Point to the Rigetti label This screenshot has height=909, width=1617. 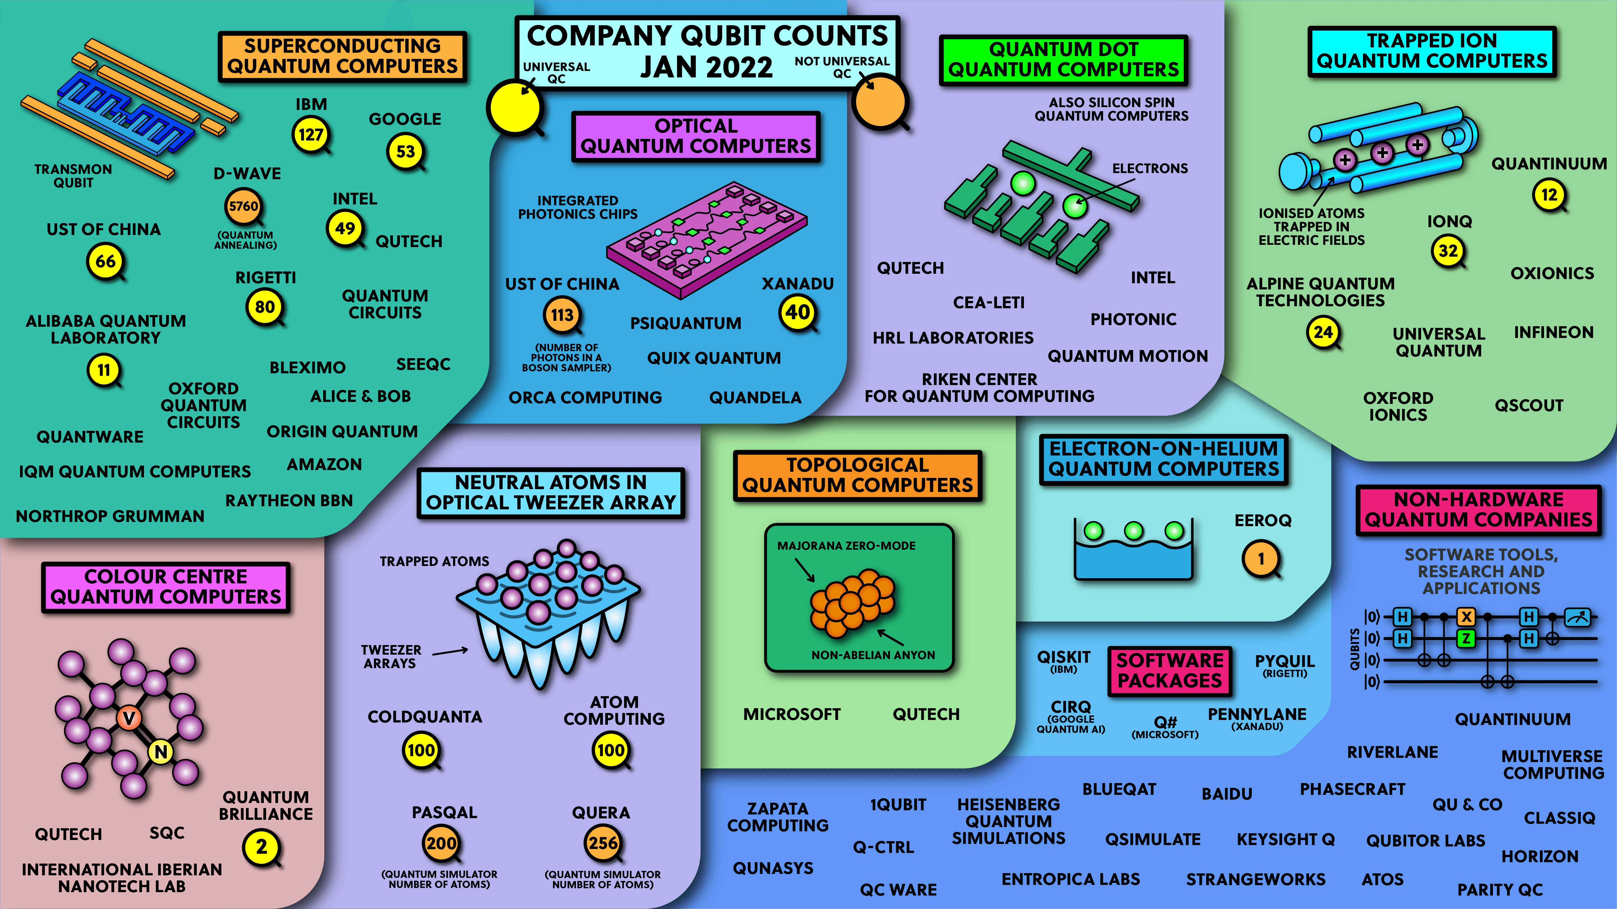coord(266,277)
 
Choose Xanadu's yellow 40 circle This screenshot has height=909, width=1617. coord(798,312)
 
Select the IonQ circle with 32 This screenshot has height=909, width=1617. coord(1448,251)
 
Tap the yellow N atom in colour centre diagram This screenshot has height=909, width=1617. coord(161,751)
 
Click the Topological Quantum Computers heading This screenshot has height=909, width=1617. coord(857,475)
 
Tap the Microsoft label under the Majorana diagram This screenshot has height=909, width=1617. coord(792,714)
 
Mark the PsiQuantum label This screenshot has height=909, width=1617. coord(685,323)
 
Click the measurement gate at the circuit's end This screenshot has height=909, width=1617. coord(1577,617)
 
